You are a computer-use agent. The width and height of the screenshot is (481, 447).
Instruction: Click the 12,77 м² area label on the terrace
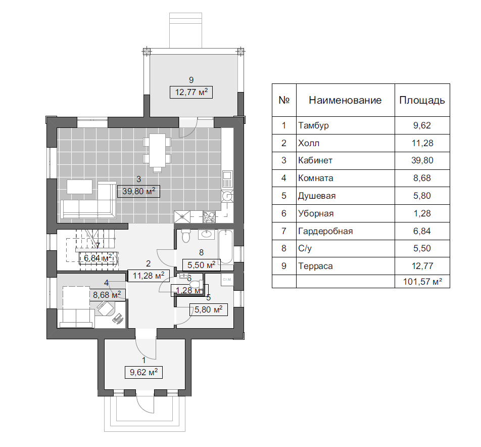tap(191, 92)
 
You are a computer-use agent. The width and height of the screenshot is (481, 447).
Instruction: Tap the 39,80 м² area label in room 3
tap(138, 191)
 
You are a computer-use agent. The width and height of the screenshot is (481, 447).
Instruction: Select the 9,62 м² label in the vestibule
tap(143, 372)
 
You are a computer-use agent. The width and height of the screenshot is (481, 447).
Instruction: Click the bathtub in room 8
tap(226, 247)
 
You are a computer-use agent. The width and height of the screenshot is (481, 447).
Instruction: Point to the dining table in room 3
tap(157, 151)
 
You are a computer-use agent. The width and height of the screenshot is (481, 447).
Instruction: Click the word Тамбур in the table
tap(313, 125)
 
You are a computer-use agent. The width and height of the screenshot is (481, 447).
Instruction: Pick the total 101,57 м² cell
tap(422, 282)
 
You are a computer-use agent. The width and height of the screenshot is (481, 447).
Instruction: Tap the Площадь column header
tap(422, 100)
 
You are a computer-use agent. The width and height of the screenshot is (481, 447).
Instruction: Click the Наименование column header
tap(345, 100)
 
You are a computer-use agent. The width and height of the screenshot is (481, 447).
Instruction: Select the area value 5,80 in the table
tap(422, 196)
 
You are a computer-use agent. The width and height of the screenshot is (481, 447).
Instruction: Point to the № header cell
tap(284, 100)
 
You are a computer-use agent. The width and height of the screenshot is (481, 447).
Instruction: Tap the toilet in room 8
tap(186, 235)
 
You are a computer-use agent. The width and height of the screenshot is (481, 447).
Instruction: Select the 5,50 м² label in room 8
tap(202, 265)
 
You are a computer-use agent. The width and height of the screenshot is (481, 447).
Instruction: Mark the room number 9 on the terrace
tap(191, 80)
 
